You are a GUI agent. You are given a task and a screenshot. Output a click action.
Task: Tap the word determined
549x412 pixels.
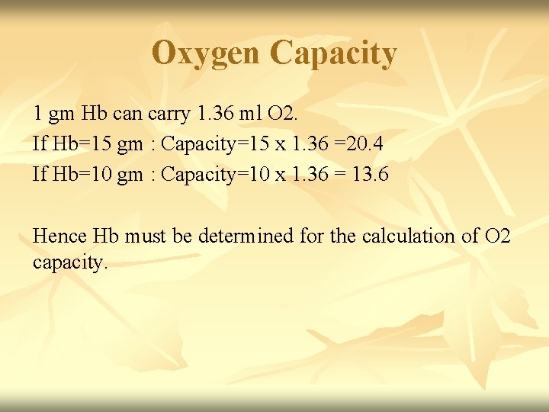pyautogui.click(x=246, y=236)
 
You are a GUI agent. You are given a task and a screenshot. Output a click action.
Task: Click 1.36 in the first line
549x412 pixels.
pyautogui.click(x=213, y=114)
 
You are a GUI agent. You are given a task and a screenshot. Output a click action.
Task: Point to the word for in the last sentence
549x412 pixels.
pyautogui.click(x=312, y=236)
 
